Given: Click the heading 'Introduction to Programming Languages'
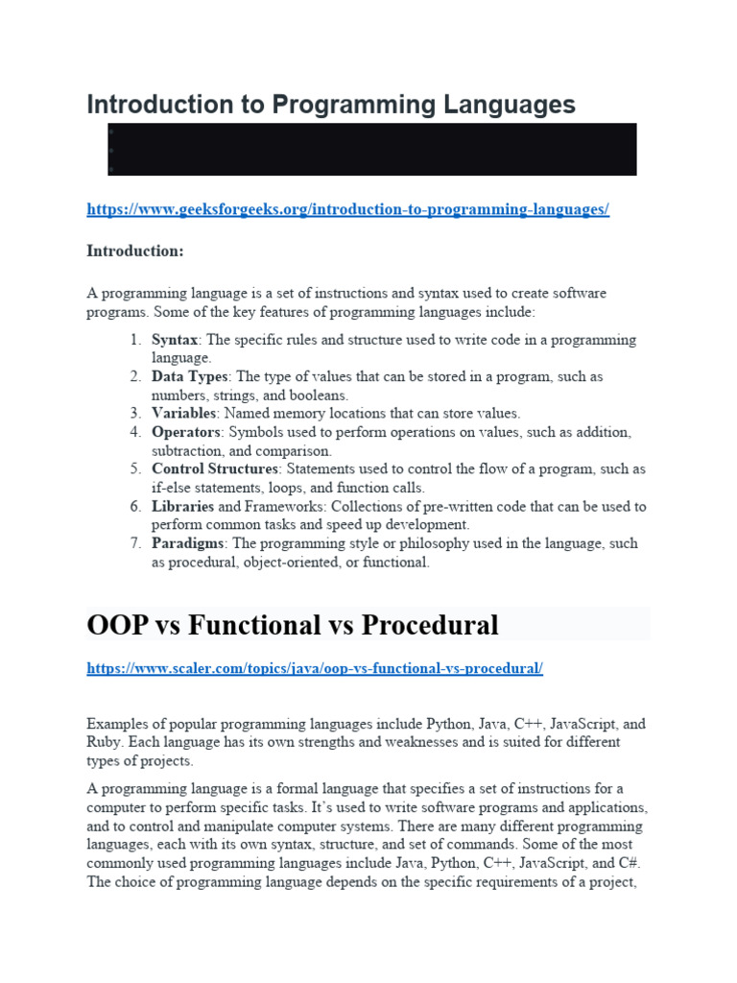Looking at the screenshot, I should click(331, 105).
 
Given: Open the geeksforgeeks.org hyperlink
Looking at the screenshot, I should click(347, 209).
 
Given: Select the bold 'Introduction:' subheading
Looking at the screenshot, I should click(134, 252).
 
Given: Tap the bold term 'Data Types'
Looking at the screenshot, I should click(190, 377).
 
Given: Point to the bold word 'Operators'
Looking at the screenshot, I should click(186, 433).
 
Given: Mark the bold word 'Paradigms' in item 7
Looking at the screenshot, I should click(187, 543).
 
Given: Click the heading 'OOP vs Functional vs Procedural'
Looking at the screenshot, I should click(293, 625).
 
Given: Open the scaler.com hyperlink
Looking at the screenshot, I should click(315, 668).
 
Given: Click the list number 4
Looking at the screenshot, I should click(135, 433).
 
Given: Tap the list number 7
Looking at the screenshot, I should click(135, 543).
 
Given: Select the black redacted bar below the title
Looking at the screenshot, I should click(371, 149).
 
